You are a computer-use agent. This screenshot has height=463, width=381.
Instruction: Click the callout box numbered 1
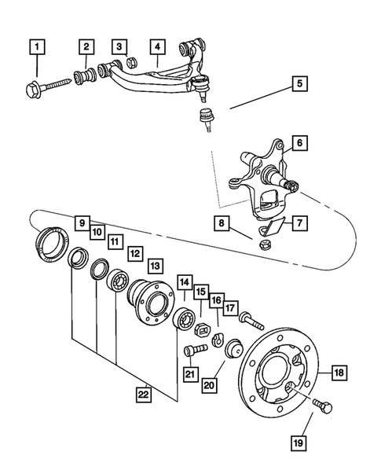click(x=34, y=48)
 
